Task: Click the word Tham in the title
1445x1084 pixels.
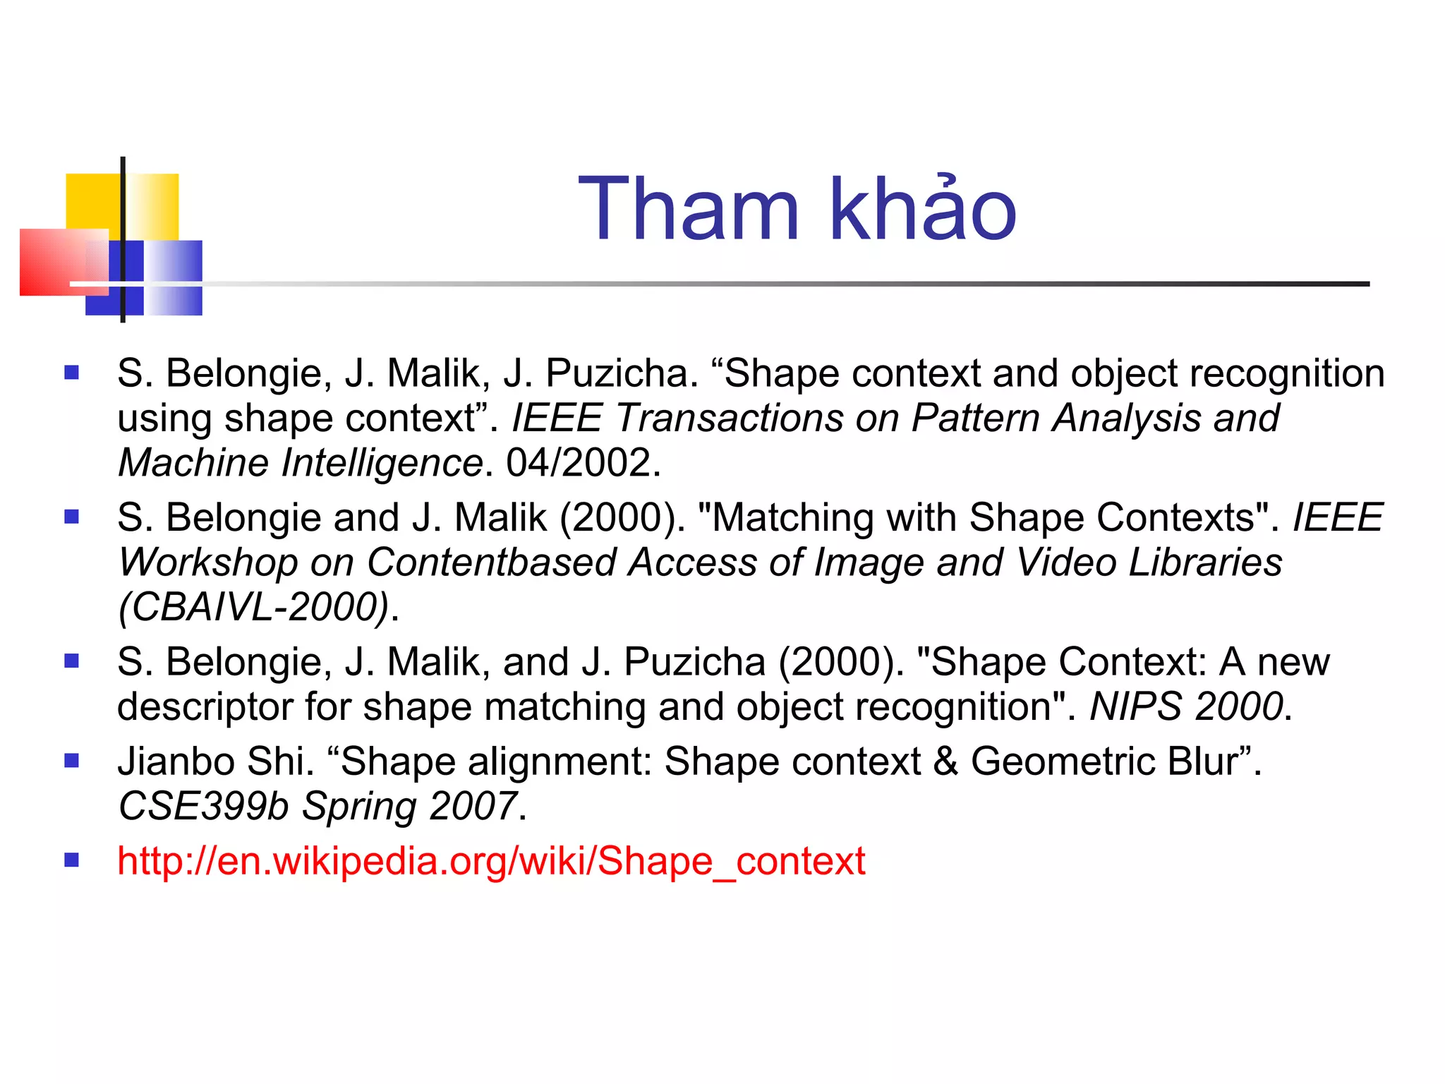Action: pyautogui.click(x=689, y=210)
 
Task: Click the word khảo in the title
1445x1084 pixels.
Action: pyautogui.click(x=923, y=210)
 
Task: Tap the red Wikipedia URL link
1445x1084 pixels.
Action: pyautogui.click(x=491, y=861)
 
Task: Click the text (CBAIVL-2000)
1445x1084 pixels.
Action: pyautogui.click(x=254, y=606)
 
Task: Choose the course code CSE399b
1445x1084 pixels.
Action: pyautogui.click(x=203, y=806)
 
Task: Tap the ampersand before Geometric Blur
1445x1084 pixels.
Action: pyautogui.click(x=945, y=761)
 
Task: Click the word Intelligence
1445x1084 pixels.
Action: pyautogui.click(x=382, y=463)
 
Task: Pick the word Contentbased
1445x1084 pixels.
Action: pyautogui.click(x=492, y=562)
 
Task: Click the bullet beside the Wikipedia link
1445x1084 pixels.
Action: pyautogui.click(x=71, y=860)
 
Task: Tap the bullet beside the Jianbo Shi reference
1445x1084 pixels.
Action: pyautogui.click(x=71, y=761)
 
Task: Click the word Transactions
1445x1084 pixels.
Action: pyautogui.click(x=730, y=418)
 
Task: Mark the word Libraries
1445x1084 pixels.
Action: pyautogui.click(x=1205, y=562)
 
